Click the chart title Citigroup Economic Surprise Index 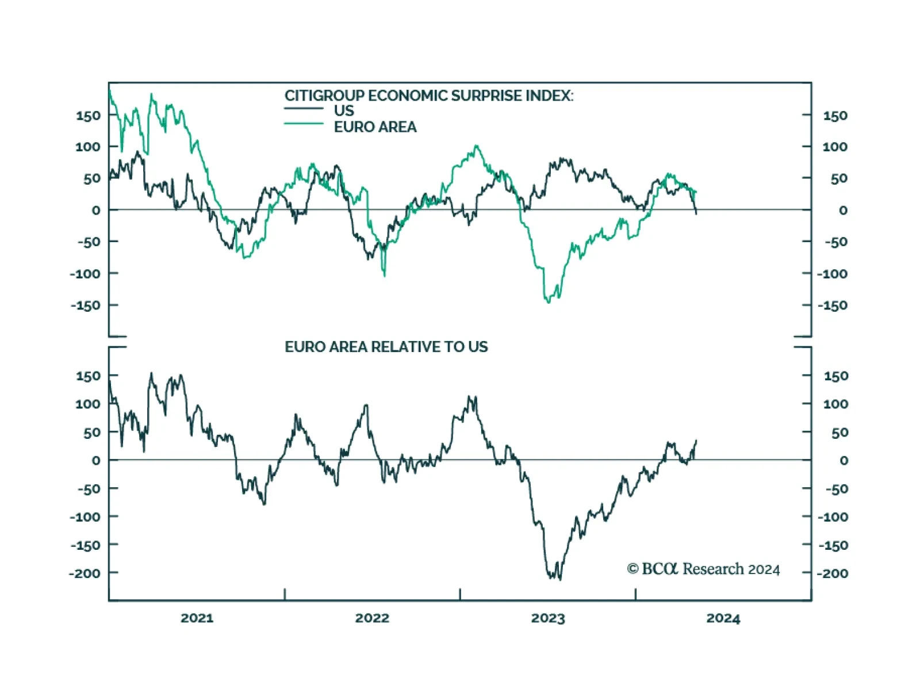pyautogui.click(x=428, y=95)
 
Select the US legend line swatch pyautogui.click(x=304, y=109)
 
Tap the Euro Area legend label pyautogui.click(x=375, y=127)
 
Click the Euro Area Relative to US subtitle pyautogui.click(x=386, y=347)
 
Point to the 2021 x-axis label pyautogui.click(x=197, y=618)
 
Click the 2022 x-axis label pyautogui.click(x=372, y=618)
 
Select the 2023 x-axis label pyautogui.click(x=548, y=618)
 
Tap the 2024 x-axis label pyautogui.click(x=723, y=618)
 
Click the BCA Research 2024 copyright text pyautogui.click(x=703, y=569)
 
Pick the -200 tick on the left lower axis pyautogui.click(x=85, y=573)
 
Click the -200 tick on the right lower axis pyautogui.click(x=832, y=573)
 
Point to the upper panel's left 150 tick pyautogui.click(x=88, y=116)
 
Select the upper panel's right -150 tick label pyautogui.click(x=832, y=305)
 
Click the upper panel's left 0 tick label pyautogui.click(x=95, y=211)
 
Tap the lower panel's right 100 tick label pyautogui.click(x=835, y=404)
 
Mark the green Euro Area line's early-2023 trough pyautogui.click(x=548, y=301)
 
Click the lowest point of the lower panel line pyautogui.click(x=559, y=579)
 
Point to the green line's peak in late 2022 pyautogui.click(x=476, y=146)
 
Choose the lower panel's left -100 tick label pyautogui.click(x=85, y=517)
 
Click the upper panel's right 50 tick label pyautogui.click(x=838, y=179)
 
